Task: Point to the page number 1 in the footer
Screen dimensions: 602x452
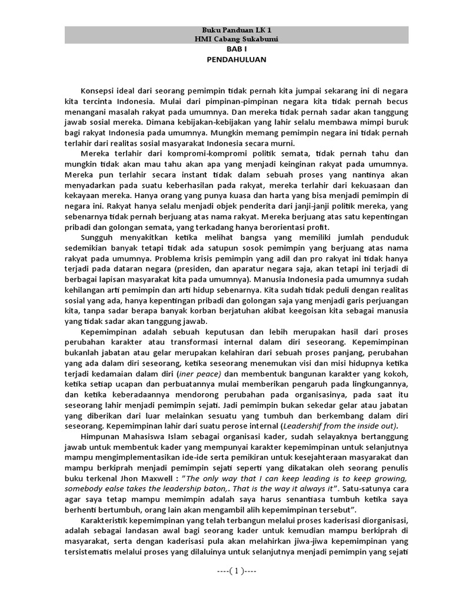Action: coord(236,571)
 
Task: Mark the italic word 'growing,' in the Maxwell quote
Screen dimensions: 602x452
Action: coord(389,479)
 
